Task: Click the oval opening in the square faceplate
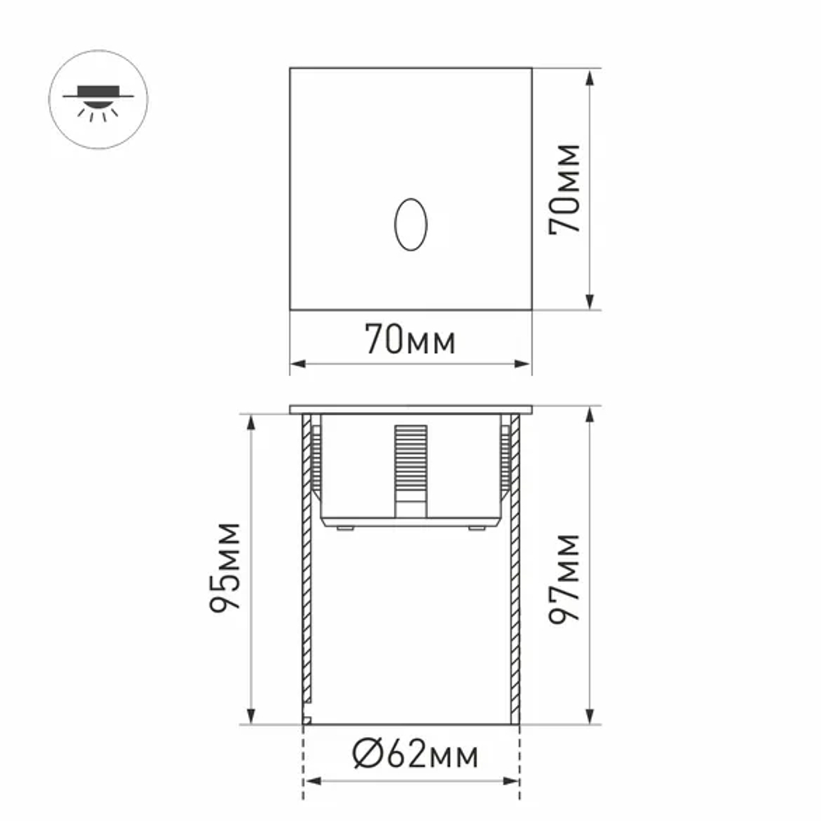(410, 224)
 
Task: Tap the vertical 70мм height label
(565, 189)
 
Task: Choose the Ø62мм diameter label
(415, 754)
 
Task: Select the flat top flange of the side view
(410, 409)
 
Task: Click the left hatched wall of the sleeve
(306, 575)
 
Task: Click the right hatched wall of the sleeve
(515, 575)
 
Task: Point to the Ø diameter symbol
(366, 754)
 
